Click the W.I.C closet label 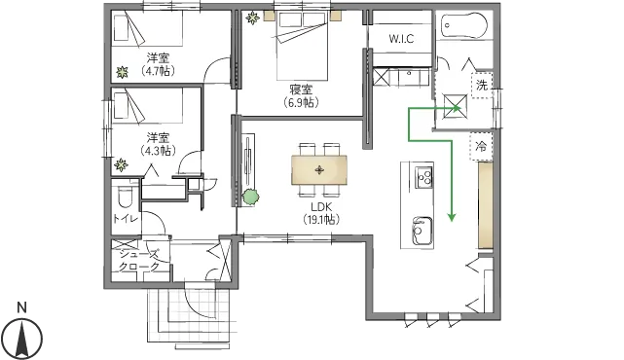click(x=401, y=39)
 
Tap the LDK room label click(x=321, y=207)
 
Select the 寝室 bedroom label click(x=301, y=90)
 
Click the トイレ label click(x=126, y=218)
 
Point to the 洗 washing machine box click(x=482, y=85)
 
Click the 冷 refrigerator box click(x=481, y=146)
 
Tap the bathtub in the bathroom click(x=464, y=25)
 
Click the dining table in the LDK click(x=319, y=170)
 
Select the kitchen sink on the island click(x=422, y=232)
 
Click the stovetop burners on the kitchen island click(x=424, y=177)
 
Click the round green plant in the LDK click(x=251, y=197)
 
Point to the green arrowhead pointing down click(x=452, y=217)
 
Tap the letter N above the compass click(x=22, y=307)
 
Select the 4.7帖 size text click(x=158, y=71)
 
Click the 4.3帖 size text click(x=158, y=151)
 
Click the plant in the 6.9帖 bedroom click(x=252, y=18)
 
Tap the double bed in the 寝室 click(x=302, y=46)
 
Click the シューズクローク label click(x=139, y=260)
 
